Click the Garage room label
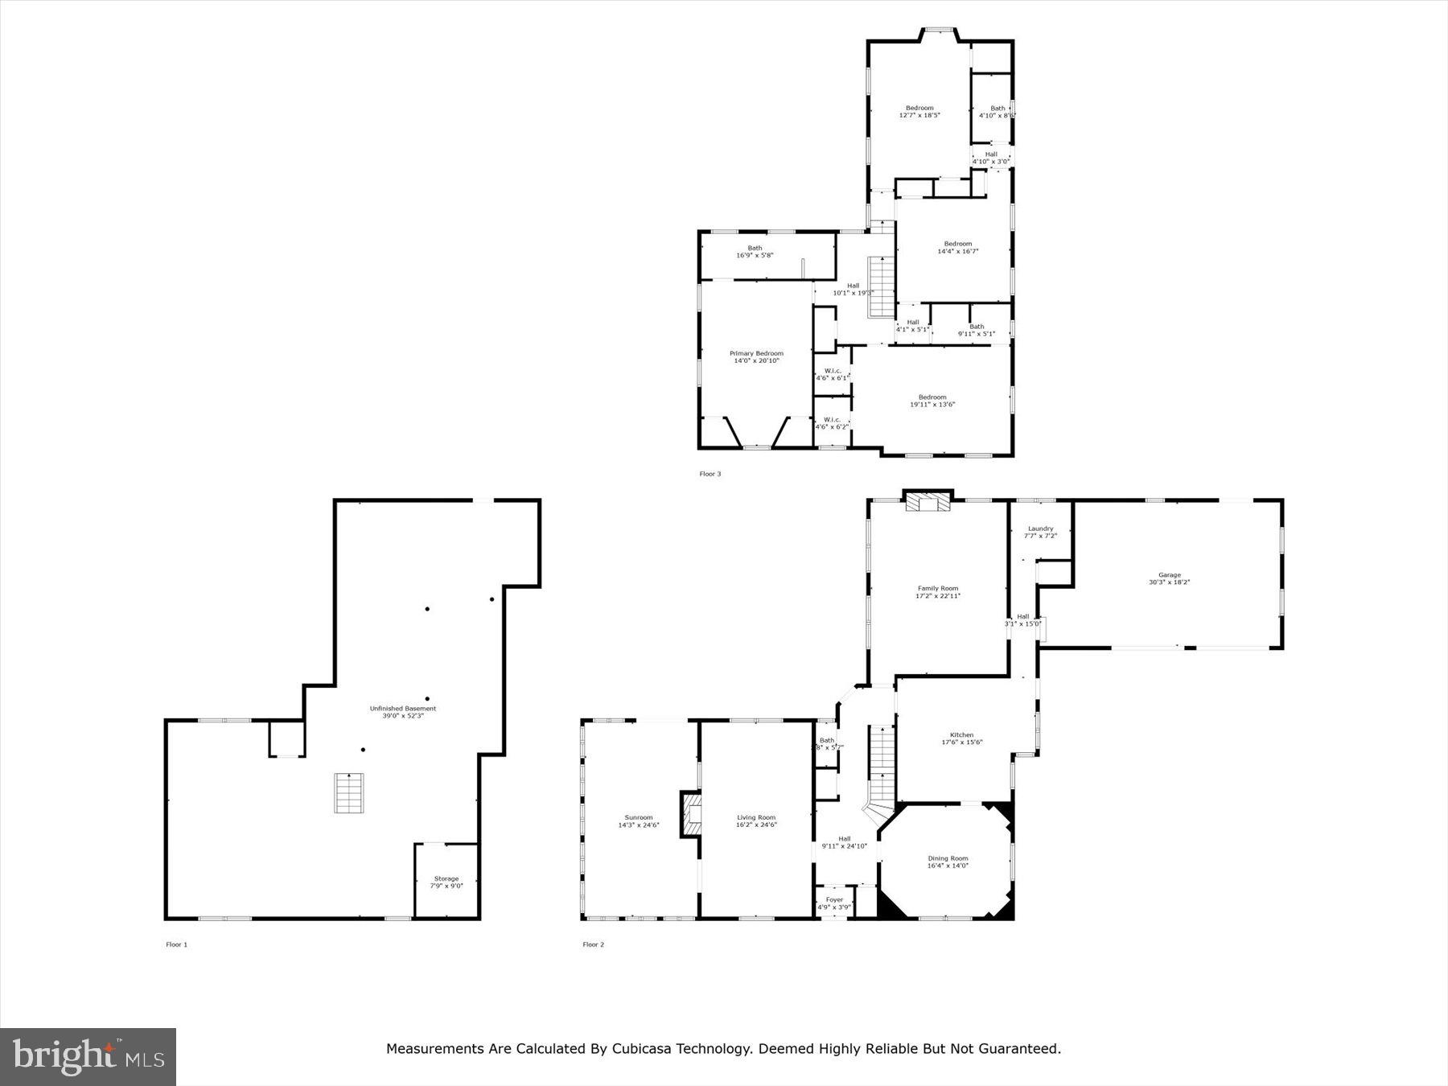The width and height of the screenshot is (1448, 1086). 1169,578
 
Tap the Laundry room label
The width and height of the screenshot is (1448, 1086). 1040,532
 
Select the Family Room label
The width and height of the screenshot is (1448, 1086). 938,592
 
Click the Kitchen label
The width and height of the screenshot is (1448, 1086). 961,738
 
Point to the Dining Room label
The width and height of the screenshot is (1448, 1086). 948,862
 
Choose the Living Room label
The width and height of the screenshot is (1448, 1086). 756,821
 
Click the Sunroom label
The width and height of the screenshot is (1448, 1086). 639,821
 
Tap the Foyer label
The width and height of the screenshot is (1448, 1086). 834,903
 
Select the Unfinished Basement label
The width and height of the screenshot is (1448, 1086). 402,712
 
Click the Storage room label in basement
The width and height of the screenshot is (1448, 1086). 446,882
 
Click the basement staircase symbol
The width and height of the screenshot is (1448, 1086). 349,793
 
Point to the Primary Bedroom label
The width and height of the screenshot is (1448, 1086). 756,357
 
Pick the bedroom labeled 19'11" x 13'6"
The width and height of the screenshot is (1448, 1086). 932,401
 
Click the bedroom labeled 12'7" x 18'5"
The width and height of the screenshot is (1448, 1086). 919,111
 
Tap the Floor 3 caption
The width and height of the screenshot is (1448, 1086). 710,474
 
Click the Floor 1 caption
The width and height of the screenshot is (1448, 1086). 176,944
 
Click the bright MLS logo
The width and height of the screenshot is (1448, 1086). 88,1056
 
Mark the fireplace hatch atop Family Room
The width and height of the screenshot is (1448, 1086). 928,503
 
